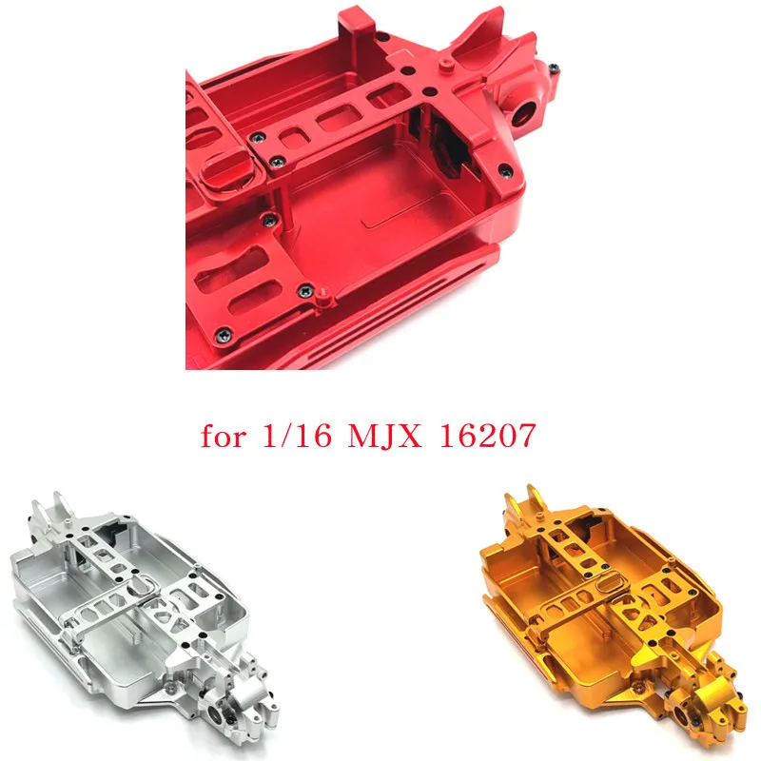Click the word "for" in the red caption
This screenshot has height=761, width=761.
click(x=223, y=436)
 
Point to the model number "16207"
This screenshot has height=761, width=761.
click(x=487, y=435)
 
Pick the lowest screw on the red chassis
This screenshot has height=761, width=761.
click(x=224, y=334)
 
